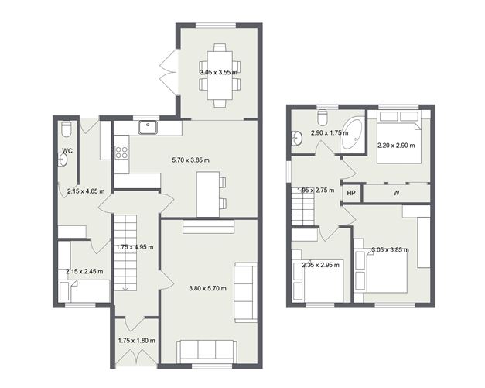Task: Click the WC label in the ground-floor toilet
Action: click(x=67, y=151)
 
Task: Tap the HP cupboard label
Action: click(x=350, y=193)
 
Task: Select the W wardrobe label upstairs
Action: click(x=396, y=193)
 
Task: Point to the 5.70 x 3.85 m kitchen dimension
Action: click(x=190, y=160)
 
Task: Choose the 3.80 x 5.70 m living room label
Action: click(x=208, y=288)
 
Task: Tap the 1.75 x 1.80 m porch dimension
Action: click(x=137, y=341)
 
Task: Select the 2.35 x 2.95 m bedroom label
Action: click(x=318, y=265)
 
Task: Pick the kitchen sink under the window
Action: click(x=145, y=129)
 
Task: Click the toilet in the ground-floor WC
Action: click(x=66, y=128)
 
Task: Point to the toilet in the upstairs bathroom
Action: click(x=323, y=118)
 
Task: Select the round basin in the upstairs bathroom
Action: click(x=297, y=139)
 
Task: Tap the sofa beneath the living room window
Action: click(x=205, y=351)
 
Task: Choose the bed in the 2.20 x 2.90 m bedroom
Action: click(x=398, y=139)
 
